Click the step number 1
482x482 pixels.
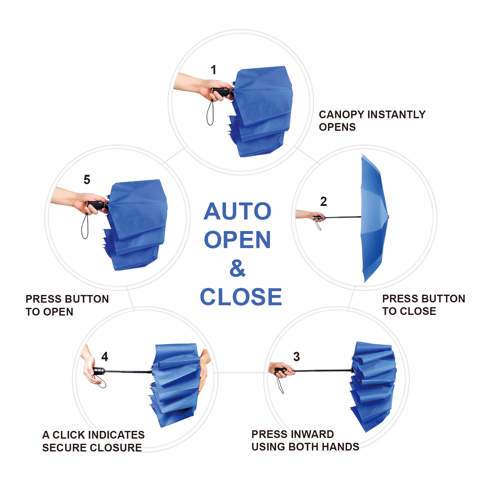click(x=213, y=70)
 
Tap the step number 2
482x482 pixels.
click(x=324, y=201)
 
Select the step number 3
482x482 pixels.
click(x=297, y=356)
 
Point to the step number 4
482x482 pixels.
click(x=105, y=356)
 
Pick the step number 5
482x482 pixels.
click(x=87, y=180)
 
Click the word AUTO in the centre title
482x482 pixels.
click(x=237, y=211)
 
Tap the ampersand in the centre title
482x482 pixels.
click(x=237, y=268)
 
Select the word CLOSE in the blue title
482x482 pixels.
click(x=241, y=297)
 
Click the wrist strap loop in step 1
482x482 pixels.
click(x=210, y=113)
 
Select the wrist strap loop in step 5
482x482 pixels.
click(x=85, y=227)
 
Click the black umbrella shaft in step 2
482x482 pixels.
click(x=342, y=217)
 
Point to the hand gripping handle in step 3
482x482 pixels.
click(x=283, y=370)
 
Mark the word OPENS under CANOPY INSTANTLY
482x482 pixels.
click(x=337, y=127)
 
